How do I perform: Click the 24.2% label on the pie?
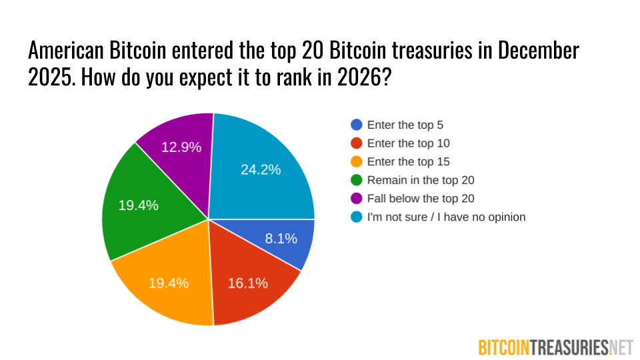[x=261, y=169]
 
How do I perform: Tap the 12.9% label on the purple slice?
[x=181, y=147]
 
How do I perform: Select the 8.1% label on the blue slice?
[x=281, y=238]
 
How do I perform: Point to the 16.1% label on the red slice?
[x=248, y=283]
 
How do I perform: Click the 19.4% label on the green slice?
[x=139, y=205]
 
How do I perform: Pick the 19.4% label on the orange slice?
[x=169, y=283]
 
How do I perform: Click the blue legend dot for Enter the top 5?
[x=357, y=125]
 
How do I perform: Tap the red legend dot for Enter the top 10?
[x=357, y=143]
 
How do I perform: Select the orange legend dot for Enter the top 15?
[x=357, y=162]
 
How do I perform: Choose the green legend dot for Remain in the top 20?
[x=357, y=180]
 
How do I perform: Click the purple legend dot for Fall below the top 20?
[x=357, y=199]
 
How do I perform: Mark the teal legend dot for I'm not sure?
[x=357, y=217]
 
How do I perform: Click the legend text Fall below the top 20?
[x=421, y=199]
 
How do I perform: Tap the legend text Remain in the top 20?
[x=421, y=180]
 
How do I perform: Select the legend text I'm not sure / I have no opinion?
[x=446, y=217]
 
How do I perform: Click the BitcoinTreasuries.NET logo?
[x=555, y=347]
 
